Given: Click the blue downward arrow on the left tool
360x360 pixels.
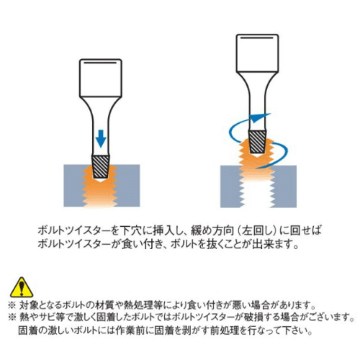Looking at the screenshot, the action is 101,139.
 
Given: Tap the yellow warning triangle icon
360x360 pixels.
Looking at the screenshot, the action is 22,288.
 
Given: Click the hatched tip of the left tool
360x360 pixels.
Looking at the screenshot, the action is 101,167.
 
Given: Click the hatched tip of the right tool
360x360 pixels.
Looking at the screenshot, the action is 258,142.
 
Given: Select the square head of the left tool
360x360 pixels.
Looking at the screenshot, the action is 101,78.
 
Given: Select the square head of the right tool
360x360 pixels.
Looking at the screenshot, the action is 257,53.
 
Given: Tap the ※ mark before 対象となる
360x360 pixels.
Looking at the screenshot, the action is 12,305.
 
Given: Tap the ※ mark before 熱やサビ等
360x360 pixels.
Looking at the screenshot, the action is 12,318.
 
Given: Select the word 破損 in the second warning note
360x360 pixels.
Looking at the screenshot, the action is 254,318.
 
